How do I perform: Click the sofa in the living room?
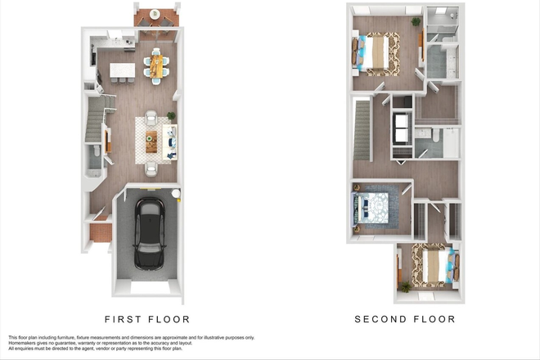[x=170, y=142]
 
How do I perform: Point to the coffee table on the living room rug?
[x=151, y=142]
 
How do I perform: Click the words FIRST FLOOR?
[x=146, y=319]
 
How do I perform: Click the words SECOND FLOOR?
[x=404, y=319]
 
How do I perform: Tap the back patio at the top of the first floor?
[x=155, y=16]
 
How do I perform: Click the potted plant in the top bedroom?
[x=416, y=22]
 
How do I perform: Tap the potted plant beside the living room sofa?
[x=171, y=116]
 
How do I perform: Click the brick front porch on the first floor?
[x=100, y=232]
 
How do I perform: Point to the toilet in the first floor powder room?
[x=97, y=151]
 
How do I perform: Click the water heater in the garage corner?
[x=175, y=193]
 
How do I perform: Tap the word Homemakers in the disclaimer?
[x=25, y=343]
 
